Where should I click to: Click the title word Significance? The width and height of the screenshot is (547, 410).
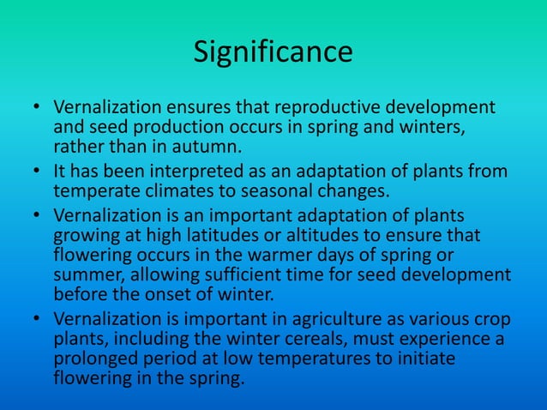[273, 52]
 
